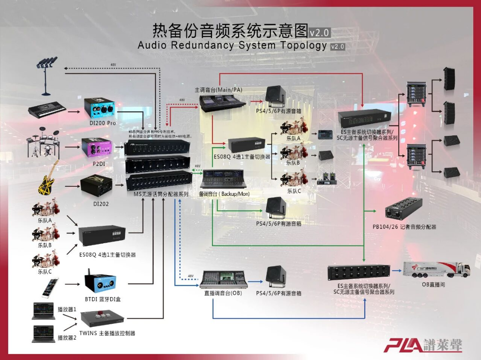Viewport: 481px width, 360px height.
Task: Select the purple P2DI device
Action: click(97, 147)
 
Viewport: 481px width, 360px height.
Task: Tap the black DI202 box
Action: click(96, 185)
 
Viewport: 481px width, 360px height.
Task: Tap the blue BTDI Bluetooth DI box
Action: click(100, 282)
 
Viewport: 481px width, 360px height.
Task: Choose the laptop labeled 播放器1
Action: click(43, 311)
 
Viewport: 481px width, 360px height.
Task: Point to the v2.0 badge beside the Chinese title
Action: click(319, 32)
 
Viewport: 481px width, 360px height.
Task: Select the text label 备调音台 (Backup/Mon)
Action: click(225, 194)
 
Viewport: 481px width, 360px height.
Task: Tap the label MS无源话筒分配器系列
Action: click(161, 194)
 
